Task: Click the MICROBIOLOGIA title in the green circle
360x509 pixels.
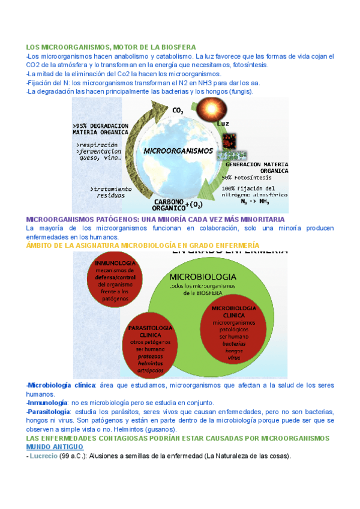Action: [x=203, y=277]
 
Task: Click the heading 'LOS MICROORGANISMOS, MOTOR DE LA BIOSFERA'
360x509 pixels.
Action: [x=111, y=47]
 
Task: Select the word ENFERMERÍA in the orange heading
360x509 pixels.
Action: [x=235, y=245]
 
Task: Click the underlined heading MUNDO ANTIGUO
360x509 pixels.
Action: [x=55, y=447]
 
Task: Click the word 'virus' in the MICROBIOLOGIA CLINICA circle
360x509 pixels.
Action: [x=233, y=357]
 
